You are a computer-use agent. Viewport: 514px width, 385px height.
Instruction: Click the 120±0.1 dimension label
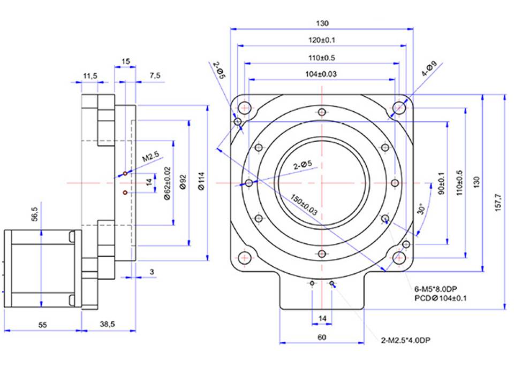(x=322, y=40)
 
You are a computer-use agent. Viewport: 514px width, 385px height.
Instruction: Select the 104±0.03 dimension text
(x=321, y=74)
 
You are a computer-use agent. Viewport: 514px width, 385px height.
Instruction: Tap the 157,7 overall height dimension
(x=498, y=202)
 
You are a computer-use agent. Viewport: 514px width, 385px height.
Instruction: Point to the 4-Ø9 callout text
(x=429, y=68)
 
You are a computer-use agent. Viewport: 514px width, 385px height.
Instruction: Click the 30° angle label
(x=421, y=209)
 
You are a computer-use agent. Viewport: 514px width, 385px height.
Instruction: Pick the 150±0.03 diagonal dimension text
(x=304, y=205)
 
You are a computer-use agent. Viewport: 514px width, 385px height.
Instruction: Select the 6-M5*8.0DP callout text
(x=436, y=289)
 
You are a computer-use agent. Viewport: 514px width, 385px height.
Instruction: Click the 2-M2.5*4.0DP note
(x=405, y=341)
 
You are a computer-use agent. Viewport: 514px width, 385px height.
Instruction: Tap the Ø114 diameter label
(x=201, y=181)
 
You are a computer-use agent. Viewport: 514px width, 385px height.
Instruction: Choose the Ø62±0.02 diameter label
(x=167, y=183)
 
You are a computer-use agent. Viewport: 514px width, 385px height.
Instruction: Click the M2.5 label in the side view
(x=151, y=157)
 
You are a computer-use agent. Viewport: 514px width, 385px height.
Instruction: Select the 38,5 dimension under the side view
(x=107, y=324)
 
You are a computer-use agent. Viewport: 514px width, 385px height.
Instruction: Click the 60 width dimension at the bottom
(x=322, y=337)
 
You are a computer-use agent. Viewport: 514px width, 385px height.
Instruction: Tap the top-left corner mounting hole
(x=245, y=107)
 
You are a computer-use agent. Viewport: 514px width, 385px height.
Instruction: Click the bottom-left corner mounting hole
(x=245, y=258)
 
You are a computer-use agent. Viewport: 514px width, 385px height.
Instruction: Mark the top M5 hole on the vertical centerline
(x=322, y=112)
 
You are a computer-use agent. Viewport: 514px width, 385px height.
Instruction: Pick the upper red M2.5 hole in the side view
(x=125, y=173)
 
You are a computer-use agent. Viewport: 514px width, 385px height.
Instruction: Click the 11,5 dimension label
(x=90, y=76)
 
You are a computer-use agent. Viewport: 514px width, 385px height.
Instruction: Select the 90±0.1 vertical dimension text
(x=442, y=183)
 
